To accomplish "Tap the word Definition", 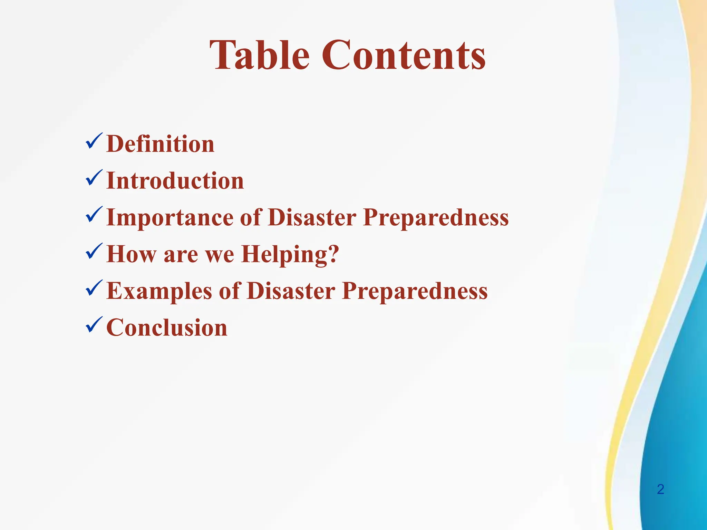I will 161,144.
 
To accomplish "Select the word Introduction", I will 175,180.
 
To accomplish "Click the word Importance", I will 170,217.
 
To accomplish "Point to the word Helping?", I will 290,254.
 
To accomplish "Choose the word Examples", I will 159,291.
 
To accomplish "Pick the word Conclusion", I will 167,327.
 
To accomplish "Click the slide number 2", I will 660,489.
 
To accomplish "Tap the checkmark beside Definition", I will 94,141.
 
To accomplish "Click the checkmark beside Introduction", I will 94,178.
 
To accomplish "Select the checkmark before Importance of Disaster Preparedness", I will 94,215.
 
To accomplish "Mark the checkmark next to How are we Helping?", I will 94,252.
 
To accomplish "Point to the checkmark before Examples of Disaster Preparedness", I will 94,288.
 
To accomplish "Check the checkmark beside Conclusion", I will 94,325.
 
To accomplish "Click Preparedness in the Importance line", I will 436,217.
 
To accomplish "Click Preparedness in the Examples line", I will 415,291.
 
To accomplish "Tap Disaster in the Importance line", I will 312,217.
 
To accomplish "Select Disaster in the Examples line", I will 291,291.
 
